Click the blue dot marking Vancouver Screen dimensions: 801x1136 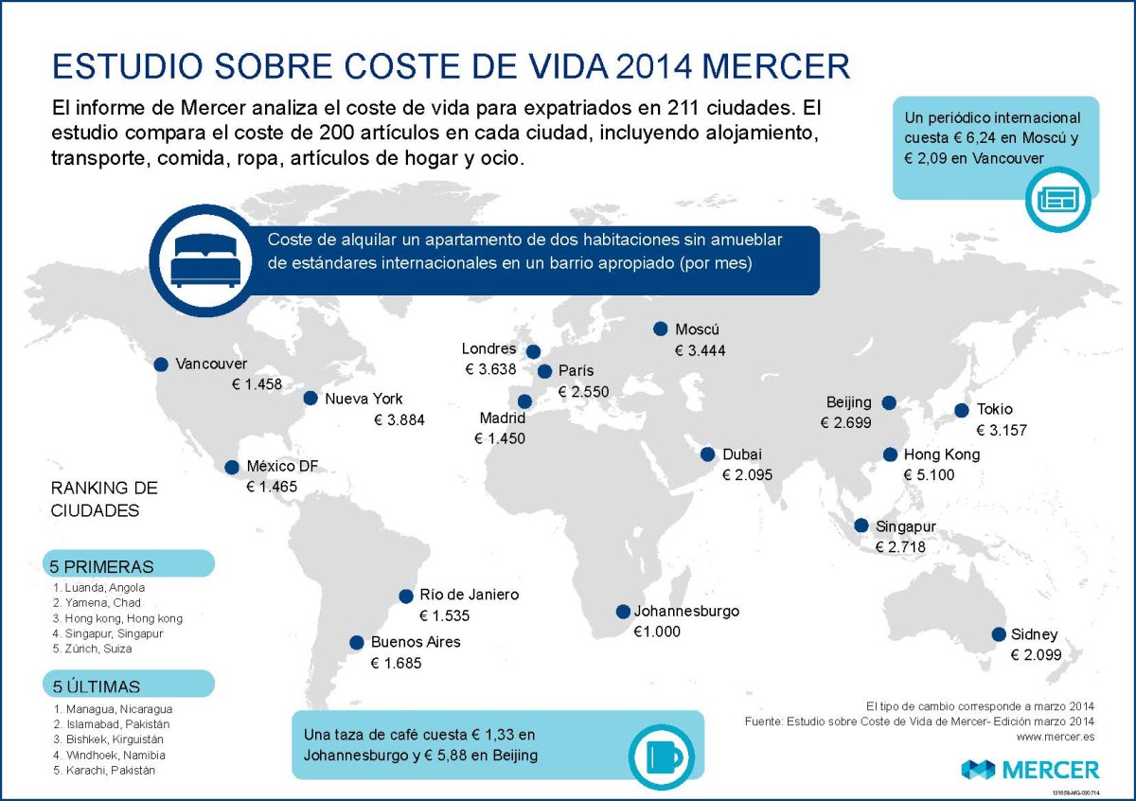pos(161,365)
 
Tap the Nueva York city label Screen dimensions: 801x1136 pos(364,399)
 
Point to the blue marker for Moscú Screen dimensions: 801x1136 pos(661,329)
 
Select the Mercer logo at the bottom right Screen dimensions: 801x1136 pos(1030,769)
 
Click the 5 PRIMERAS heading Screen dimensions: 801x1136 pos(102,567)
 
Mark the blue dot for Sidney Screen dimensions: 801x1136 pos(997,634)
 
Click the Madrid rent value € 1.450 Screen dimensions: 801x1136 pos(500,438)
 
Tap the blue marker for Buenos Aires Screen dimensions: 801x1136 pos(357,643)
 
